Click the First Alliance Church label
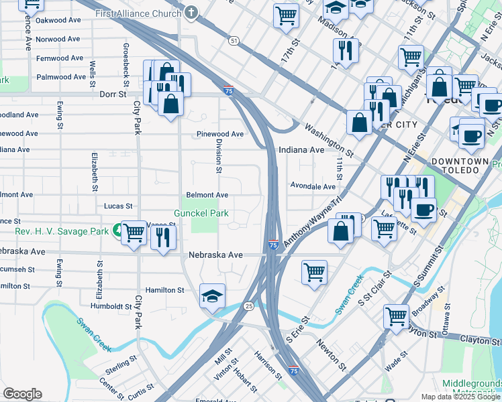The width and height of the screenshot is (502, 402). pyautogui.click(x=138, y=13)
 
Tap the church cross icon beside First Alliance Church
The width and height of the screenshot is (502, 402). pyautogui.click(x=192, y=12)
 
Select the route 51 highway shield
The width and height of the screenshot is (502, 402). pyautogui.click(x=234, y=41)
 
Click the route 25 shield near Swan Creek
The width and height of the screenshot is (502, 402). pyautogui.click(x=248, y=306)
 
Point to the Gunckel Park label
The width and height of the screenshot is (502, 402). pyautogui.click(x=201, y=214)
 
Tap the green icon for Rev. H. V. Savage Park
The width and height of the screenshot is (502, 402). pyautogui.click(x=118, y=231)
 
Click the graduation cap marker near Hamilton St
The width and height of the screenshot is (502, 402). pyautogui.click(x=212, y=295)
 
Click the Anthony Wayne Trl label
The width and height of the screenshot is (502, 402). pyautogui.click(x=313, y=220)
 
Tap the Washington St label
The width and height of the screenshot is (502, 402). pyautogui.click(x=328, y=139)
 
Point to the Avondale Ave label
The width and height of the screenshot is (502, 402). pyautogui.click(x=312, y=186)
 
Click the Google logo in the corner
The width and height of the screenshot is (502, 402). pyautogui.click(x=22, y=394)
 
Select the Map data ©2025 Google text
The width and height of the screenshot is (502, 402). pyautogui.click(x=461, y=397)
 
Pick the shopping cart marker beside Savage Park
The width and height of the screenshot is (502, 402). pyautogui.click(x=134, y=233)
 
